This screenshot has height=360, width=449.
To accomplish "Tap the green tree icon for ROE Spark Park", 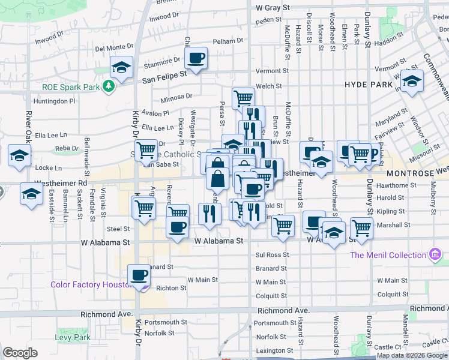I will (108, 86).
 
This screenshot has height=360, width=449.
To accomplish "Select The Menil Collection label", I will (388, 255).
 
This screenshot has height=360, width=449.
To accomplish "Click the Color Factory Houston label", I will (91, 285).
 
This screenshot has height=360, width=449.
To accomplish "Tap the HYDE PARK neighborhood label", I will (367, 85).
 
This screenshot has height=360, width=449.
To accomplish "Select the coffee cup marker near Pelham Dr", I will (196, 58).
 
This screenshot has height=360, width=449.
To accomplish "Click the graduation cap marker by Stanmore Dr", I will (121, 67).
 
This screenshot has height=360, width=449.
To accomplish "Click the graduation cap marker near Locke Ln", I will (19, 156).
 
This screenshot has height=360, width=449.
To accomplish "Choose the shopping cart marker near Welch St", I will (243, 97).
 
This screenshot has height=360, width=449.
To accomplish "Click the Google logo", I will (20, 353).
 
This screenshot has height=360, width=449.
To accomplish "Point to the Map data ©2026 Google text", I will (412, 355).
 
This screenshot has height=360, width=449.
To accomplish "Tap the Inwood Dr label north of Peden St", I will (164, 17).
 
